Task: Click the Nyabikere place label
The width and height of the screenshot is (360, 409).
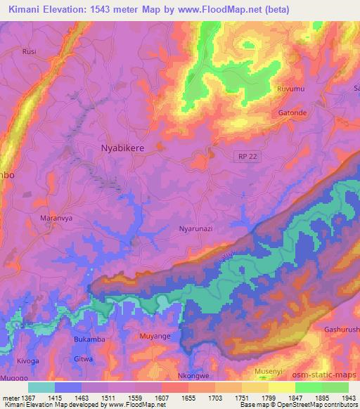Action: click(x=124, y=148)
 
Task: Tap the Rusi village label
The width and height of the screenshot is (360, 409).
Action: click(x=29, y=52)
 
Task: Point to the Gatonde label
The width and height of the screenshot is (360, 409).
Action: click(x=294, y=113)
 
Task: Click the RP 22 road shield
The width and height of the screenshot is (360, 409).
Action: click(x=247, y=157)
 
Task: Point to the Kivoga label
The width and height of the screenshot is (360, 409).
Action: click(x=28, y=361)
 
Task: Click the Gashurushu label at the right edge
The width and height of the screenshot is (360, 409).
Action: click(x=342, y=330)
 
